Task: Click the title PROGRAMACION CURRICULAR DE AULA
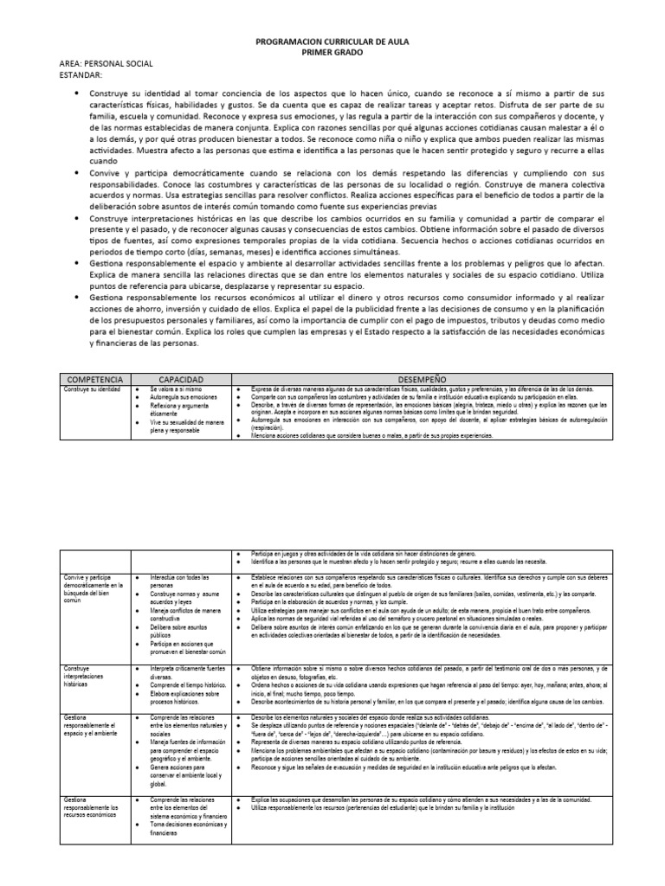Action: [332, 41]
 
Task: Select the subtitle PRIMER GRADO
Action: [332, 52]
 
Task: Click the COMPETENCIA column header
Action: [94, 379]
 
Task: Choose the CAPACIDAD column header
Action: [181, 379]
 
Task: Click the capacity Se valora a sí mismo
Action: [173, 390]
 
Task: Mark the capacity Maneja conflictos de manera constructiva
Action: [185, 613]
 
